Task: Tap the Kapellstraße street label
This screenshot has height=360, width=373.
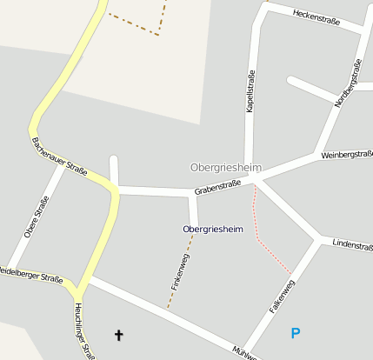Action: pyautogui.click(x=251, y=93)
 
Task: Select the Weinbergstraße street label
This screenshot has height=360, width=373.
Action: pyautogui.click(x=346, y=155)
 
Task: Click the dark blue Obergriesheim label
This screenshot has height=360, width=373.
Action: pyautogui.click(x=212, y=229)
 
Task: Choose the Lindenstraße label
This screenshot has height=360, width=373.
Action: pyautogui.click(x=351, y=245)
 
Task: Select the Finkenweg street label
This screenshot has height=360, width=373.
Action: pyautogui.click(x=180, y=271)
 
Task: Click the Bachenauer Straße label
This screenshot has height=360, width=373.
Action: pyautogui.click(x=59, y=157)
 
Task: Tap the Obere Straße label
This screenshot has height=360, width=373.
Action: pyautogui.click(x=37, y=217)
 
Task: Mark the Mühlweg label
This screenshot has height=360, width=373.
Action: pyautogui.click(x=243, y=352)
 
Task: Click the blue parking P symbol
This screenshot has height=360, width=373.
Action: pyautogui.click(x=296, y=333)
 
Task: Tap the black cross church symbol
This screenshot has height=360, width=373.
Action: pyautogui.click(x=118, y=334)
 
